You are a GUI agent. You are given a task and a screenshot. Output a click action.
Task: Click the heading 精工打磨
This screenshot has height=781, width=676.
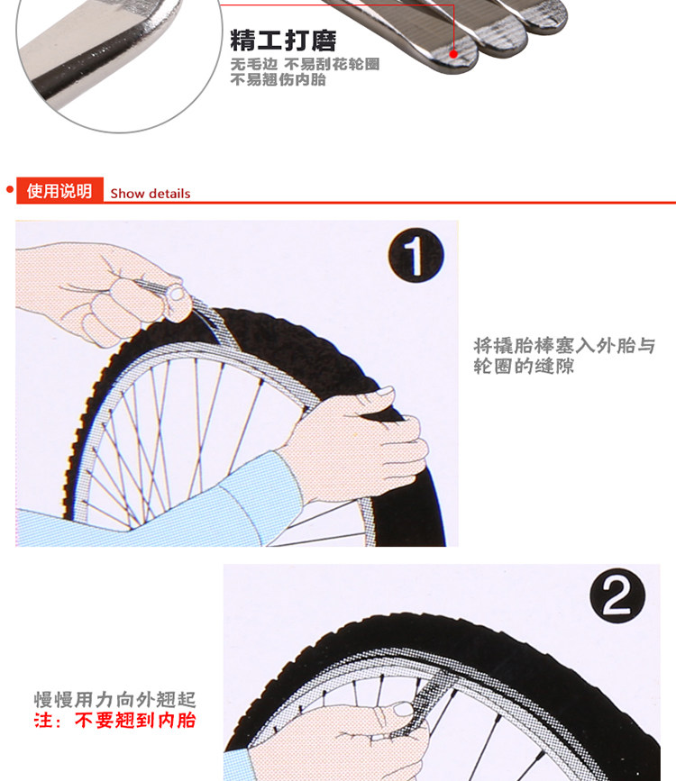click(282, 41)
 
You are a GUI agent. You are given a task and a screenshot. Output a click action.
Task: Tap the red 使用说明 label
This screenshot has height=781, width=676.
click(59, 191)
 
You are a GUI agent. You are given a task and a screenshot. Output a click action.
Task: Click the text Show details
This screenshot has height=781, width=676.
click(151, 193)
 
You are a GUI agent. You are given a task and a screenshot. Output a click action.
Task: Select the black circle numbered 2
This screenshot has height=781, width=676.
click(617, 596)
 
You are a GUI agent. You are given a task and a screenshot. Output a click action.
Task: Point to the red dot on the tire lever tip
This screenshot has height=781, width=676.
click(454, 55)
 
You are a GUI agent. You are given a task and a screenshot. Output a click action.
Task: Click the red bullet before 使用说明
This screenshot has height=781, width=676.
click(10, 190)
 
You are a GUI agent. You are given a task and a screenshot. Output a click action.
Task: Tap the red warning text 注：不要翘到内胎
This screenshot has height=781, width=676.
click(114, 720)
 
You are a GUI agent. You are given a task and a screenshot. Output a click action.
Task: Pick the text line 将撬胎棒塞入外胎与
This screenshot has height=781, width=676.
click(564, 346)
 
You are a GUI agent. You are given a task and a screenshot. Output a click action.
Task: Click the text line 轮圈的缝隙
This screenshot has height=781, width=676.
click(524, 367)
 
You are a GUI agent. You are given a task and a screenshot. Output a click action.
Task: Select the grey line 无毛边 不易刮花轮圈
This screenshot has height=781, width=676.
click(305, 65)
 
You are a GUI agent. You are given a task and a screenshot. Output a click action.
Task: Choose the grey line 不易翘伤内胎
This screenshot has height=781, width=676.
click(278, 80)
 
